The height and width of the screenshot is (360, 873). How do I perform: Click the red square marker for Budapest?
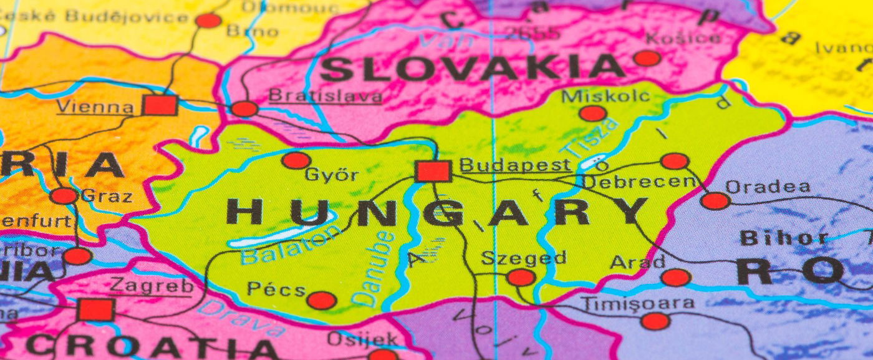pyautogui.click(x=433, y=171)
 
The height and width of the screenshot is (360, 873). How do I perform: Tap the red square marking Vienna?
pyautogui.click(x=160, y=105)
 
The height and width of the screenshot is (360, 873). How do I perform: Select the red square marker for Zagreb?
pyautogui.click(x=95, y=309)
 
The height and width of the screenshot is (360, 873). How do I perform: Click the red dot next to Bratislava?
pyautogui.click(x=244, y=109)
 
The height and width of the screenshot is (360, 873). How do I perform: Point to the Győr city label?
pyautogui.click(x=331, y=175)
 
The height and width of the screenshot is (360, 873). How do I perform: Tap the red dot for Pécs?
pyautogui.click(x=321, y=300)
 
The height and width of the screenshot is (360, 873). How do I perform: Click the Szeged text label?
pyautogui.click(x=524, y=258)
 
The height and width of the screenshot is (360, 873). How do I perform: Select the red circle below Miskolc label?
pyautogui.click(x=592, y=113)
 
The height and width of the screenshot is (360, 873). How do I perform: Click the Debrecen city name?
pyautogui.click(x=639, y=182)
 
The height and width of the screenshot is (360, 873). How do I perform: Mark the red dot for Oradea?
pyautogui.click(x=715, y=201)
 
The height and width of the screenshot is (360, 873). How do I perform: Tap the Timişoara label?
pyautogui.click(x=637, y=304)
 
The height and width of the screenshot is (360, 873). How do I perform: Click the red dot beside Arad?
pyautogui.click(x=675, y=278)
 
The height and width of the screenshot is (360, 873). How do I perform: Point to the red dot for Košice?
pyautogui.click(x=647, y=59)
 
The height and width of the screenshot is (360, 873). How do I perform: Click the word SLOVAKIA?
pyautogui.click(x=472, y=68)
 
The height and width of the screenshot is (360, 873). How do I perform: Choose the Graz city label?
pyautogui.click(x=107, y=197)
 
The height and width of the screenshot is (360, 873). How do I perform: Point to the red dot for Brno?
pyautogui.click(x=208, y=21)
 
